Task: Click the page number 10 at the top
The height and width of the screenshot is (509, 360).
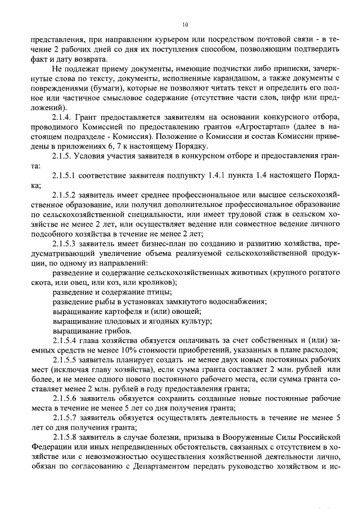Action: (185, 25)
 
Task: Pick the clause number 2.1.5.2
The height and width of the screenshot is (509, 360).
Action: (66, 195)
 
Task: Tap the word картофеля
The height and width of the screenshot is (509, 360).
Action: (114, 311)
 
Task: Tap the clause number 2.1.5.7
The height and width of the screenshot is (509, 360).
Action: (66, 418)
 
